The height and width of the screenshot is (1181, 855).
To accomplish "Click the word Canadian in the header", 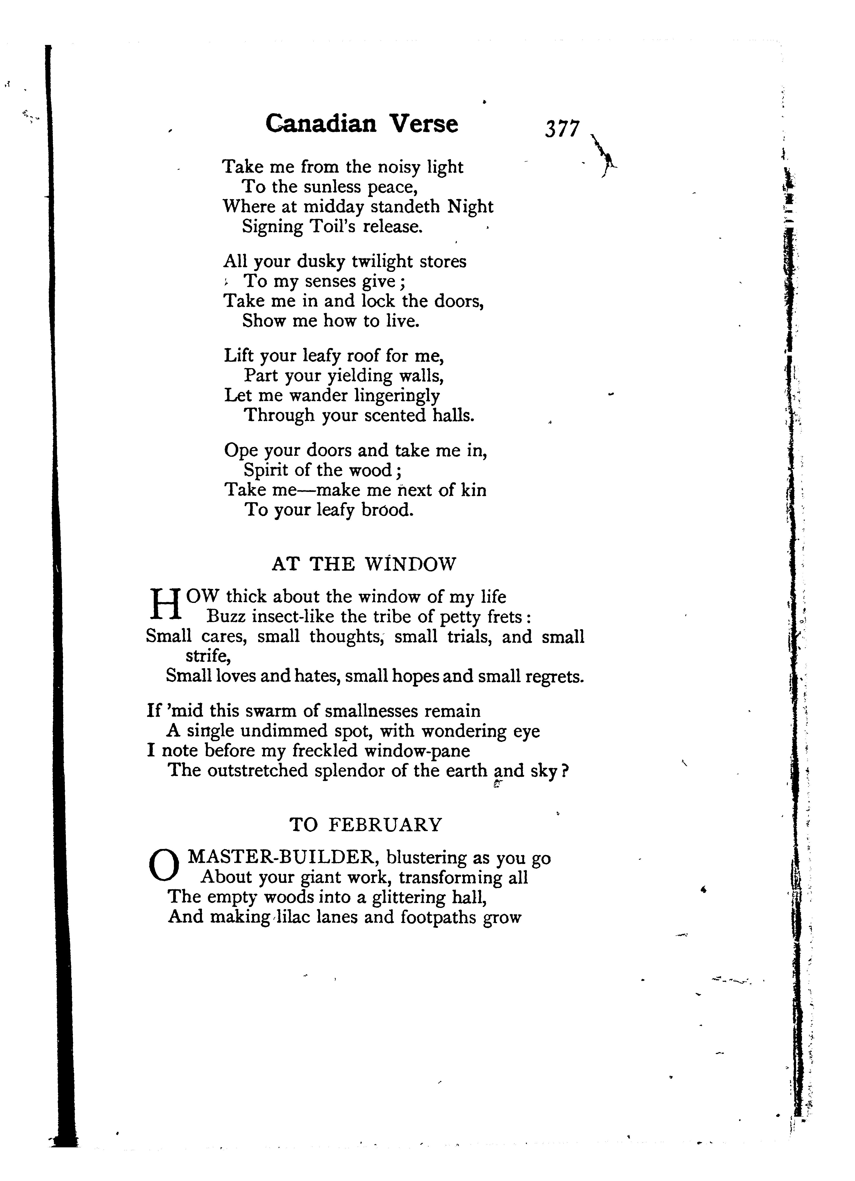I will point(321,124).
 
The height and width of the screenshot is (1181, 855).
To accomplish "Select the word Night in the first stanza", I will point(470,207).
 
